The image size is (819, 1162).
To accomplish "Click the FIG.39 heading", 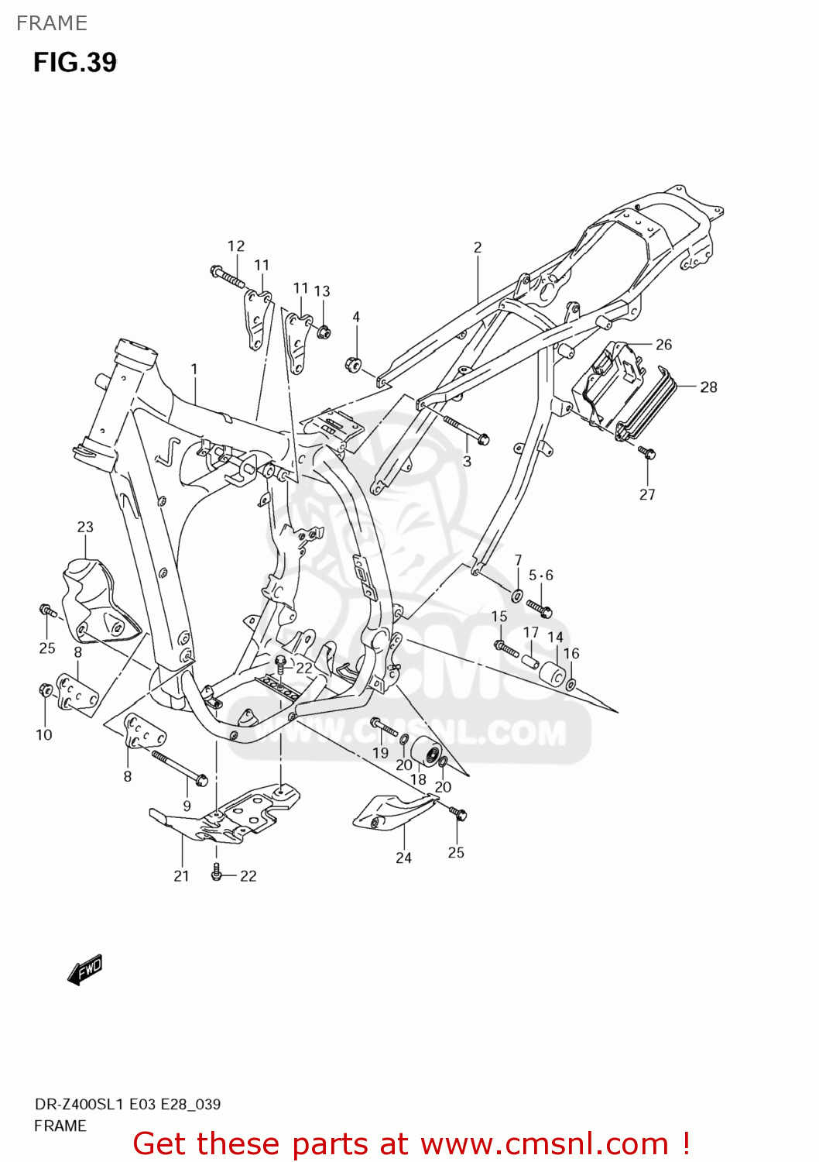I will click(x=74, y=62).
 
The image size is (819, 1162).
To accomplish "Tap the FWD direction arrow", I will click(x=84, y=969).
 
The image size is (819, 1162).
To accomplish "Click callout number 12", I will click(x=236, y=246).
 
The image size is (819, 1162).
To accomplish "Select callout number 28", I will click(x=708, y=387).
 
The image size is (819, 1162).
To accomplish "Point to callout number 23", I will click(x=85, y=527).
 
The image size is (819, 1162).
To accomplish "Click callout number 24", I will click(x=403, y=858).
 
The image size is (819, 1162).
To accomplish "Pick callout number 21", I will click(x=181, y=875).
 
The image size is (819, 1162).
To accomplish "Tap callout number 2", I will click(x=478, y=247).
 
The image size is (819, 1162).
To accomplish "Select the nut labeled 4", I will click(x=354, y=363).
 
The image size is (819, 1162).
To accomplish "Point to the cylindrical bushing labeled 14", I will click(x=552, y=674).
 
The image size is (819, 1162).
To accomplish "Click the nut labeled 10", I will click(x=45, y=689).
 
